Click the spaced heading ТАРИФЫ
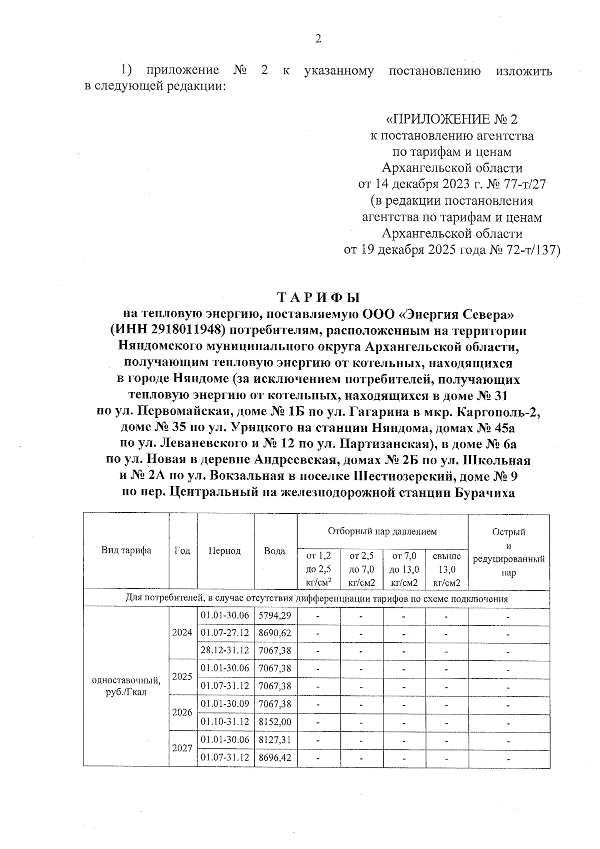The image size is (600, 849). point(318,298)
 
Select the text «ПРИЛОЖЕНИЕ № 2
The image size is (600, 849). point(451,120)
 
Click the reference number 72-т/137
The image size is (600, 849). point(535,250)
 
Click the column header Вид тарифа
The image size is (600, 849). point(126,550)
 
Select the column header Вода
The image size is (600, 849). point(275,551)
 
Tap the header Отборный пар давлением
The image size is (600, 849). point(382,531)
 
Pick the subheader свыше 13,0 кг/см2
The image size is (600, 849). point(446,569)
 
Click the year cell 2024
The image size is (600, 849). point(182,632)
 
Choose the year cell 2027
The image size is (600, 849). point(182,748)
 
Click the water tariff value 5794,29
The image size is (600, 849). point(274,615)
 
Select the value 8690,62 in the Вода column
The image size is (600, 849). point(274,632)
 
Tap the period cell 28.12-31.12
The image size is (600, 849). point(225,650)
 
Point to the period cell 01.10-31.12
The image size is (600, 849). point(225,721)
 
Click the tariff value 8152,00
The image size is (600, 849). point(274,721)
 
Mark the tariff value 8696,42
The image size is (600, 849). point(274,757)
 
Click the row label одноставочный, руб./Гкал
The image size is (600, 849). point(126,686)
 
